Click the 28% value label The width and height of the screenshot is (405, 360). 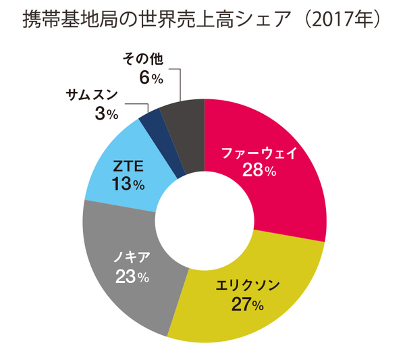coord(259,171)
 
